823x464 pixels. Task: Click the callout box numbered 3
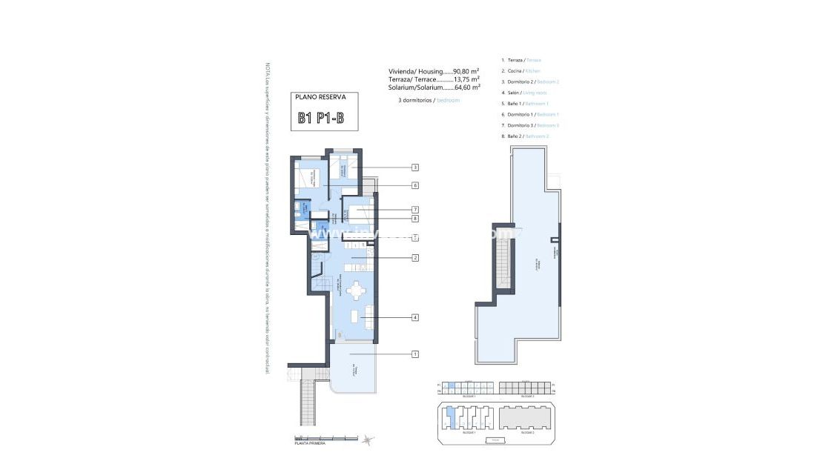[415, 168]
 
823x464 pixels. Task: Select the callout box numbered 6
[415, 185]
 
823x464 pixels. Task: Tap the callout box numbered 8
[415, 219]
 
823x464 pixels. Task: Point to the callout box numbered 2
[415, 258]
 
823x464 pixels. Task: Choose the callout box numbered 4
[415, 317]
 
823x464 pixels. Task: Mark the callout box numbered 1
[415, 354]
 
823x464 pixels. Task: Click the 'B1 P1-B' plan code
[321, 117]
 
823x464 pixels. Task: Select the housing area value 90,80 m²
[466, 71]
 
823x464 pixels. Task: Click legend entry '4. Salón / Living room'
[524, 93]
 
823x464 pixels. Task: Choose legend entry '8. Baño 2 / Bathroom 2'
[525, 136]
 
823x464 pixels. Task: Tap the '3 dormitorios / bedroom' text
[429, 99]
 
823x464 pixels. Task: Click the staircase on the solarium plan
[503, 267]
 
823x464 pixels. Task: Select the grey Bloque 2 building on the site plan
[525, 420]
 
